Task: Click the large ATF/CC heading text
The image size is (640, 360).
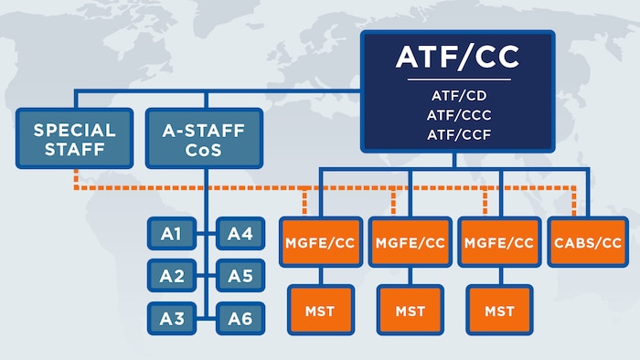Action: (x=457, y=58)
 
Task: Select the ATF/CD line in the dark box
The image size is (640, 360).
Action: (x=457, y=94)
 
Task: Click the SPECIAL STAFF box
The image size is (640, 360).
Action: (x=74, y=139)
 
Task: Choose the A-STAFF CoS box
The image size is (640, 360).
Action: (x=203, y=139)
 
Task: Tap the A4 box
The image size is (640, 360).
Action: (x=240, y=235)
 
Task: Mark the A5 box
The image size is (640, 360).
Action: (x=240, y=275)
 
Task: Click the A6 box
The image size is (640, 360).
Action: (x=240, y=318)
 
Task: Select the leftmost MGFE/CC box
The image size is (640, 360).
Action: (x=319, y=242)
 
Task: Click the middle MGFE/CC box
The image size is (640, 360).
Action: (x=410, y=242)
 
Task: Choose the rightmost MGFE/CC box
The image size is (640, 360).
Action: (x=499, y=242)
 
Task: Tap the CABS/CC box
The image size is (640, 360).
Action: (x=587, y=242)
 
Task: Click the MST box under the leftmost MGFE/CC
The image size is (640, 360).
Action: (x=319, y=311)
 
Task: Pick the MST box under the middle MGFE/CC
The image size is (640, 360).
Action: (x=410, y=311)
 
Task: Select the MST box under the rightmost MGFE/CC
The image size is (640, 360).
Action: (x=499, y=311)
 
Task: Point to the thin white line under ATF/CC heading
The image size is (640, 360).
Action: (x=457, y=79)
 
